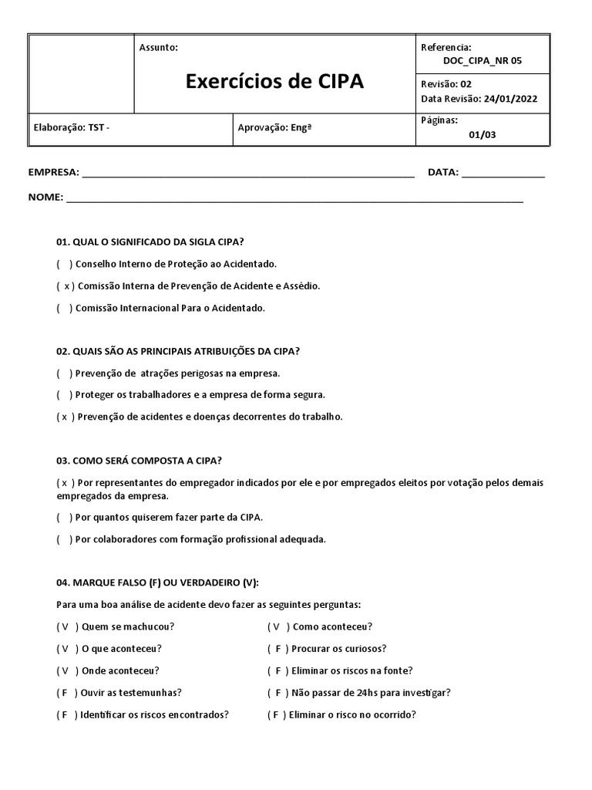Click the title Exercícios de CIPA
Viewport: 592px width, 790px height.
point(274,82)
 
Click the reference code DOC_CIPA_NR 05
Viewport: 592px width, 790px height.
point(483,61)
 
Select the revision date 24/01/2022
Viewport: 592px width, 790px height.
point(510,99)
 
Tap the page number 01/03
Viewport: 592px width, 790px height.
point(483,134)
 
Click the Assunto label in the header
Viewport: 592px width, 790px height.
point(158,48)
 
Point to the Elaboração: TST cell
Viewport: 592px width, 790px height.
point(72,128)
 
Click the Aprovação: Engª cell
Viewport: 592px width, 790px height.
point(275,128)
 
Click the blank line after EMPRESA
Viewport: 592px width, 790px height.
point(247,173)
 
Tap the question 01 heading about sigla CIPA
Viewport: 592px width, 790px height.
point(155,241)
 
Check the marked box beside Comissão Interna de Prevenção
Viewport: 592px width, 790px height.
point(66,286)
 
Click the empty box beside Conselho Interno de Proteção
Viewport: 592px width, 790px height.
point(65,264)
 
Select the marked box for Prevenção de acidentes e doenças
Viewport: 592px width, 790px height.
point(66,417)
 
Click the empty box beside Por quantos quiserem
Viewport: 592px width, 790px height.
point(65,517)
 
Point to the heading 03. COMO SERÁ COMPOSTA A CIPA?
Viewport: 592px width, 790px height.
point(140,461)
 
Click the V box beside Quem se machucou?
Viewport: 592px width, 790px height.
point(66,627)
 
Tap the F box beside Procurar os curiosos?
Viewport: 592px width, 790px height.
point(277,649)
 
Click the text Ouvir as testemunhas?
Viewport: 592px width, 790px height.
point(131,693)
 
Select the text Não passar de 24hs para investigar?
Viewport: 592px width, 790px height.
point(372,693)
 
